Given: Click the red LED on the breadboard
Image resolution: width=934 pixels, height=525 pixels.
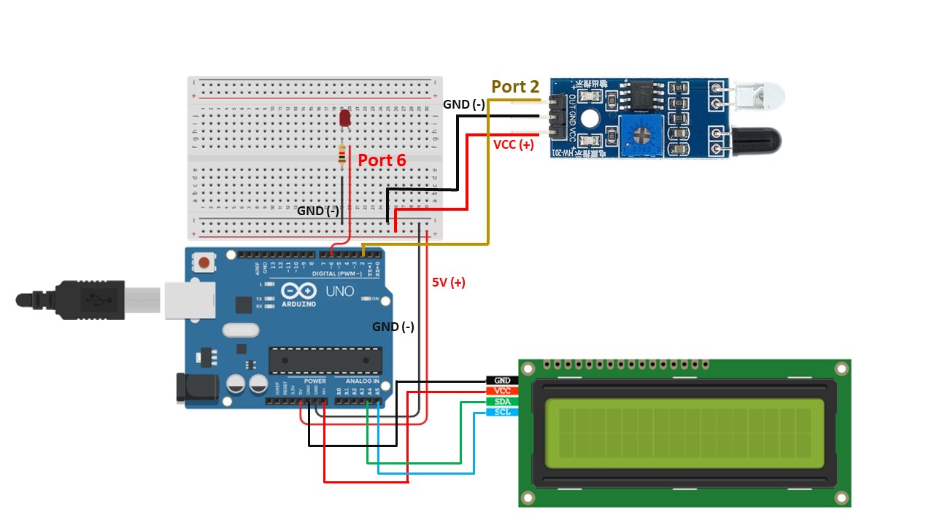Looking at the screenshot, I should tap(345, 119).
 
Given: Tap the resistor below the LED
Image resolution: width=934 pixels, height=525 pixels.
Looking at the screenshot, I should tap(343, 155).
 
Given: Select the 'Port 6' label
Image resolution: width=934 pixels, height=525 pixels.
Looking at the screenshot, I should tap(381, 160).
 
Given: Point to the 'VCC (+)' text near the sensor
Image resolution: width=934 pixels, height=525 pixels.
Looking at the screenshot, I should tap(514, 144).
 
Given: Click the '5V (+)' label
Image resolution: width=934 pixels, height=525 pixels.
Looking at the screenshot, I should tap(448, 282).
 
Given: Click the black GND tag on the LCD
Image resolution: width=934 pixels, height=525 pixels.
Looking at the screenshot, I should tap(502, 381).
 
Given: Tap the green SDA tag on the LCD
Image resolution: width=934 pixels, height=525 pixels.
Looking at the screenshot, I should tap(502, 402).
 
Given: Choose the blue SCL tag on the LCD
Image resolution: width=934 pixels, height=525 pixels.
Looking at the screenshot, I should tap(502, 412).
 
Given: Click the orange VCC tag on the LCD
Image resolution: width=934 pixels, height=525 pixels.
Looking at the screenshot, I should tap(502, 391).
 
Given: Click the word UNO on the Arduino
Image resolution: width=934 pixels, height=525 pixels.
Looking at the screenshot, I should tap(340, 292).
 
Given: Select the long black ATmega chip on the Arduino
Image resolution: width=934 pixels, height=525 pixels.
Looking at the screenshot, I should tap(325, 359).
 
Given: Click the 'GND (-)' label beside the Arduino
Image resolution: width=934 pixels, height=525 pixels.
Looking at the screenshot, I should tap(393, 327).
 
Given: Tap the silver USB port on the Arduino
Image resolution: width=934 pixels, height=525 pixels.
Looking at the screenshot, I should tap(188, 300).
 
